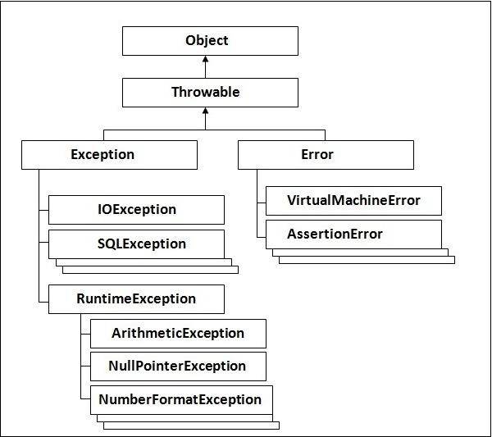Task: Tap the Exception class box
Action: pos(109,155)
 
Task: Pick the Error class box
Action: pos(326,155)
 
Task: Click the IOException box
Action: pos(136,210)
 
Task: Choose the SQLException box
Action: pos(136,244)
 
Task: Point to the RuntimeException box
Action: pos(136,299)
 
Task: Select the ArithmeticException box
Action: pos(178,334)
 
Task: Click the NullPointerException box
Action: pos(178,366)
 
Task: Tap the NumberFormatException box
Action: pos(180,400)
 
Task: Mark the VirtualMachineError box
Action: pos(353,201)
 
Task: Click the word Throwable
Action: pos(206,92)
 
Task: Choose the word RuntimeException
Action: pos(135,299)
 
